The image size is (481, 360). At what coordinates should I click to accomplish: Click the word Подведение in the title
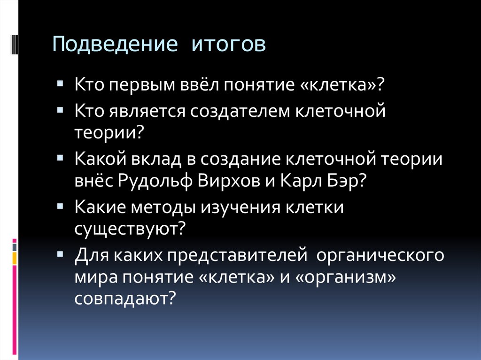[116, 46]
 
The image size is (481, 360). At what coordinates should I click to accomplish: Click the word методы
[163, 207]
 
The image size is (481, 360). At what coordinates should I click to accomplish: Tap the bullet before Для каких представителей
[62, 255]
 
